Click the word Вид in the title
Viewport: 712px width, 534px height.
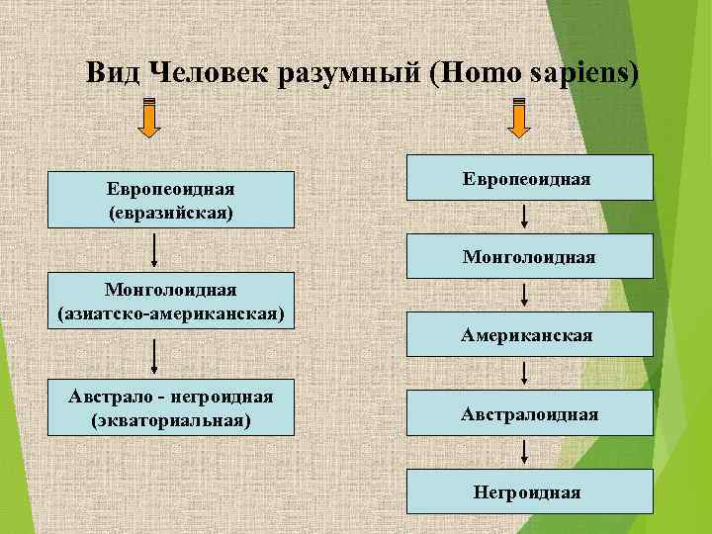pos(110,73)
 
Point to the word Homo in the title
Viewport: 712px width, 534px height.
pos(481,73)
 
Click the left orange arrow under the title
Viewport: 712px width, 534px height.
pos(148,118)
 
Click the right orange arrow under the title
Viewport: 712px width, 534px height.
pos(521,118)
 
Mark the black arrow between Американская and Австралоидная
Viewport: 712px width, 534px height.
pos(524,373)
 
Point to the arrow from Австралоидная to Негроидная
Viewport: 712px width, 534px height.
pos(524,452)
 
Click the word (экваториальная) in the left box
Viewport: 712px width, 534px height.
pos(171,419)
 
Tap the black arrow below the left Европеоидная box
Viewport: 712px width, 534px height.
pos(154,251)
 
